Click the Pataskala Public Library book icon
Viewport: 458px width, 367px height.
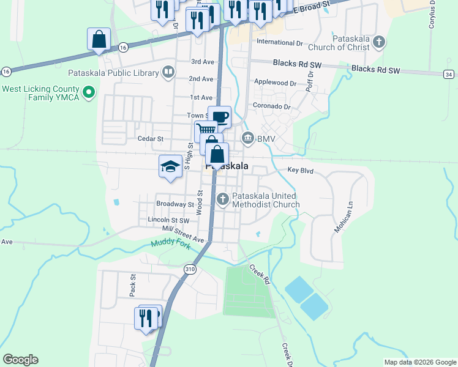(168, 73)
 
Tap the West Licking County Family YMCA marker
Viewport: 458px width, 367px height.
(89, 93)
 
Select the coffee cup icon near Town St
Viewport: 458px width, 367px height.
(219, 117)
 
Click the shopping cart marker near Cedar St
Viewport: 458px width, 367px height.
(206, 130)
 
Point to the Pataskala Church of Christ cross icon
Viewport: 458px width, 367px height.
(379, 42)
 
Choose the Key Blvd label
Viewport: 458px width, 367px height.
(301, 171)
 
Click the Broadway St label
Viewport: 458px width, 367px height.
(175, 204)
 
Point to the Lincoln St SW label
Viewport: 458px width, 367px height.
(168, 219)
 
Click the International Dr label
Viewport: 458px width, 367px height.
(280, 43)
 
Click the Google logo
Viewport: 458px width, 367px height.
(20, 360)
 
